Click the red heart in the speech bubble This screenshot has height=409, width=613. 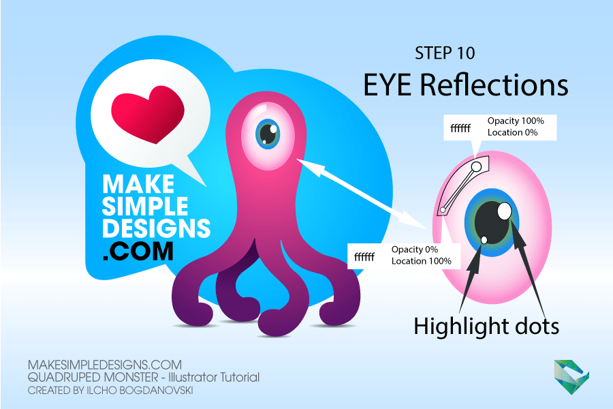[x=148, y=115]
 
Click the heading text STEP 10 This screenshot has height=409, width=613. [x=445, y=53]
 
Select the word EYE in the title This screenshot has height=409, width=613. [x=387, y=85]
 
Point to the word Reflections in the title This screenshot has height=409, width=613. [x=494, y=85]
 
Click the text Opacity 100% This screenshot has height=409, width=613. [x=516, y=121]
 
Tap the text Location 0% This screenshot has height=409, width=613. [x=512, y=133]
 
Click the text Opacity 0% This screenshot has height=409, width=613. [x=414, y=249]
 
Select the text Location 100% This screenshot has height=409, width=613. [x=422, y=261]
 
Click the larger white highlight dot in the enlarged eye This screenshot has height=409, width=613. [x=504, y=211]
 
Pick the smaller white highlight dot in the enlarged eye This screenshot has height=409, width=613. [x=484, y=240]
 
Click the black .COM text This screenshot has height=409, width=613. [x=138, y=251]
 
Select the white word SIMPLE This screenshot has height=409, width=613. [x=145, y=206]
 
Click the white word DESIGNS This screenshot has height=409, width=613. [x=157, y=228]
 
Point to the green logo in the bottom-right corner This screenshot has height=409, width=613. [x=571, y=376]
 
